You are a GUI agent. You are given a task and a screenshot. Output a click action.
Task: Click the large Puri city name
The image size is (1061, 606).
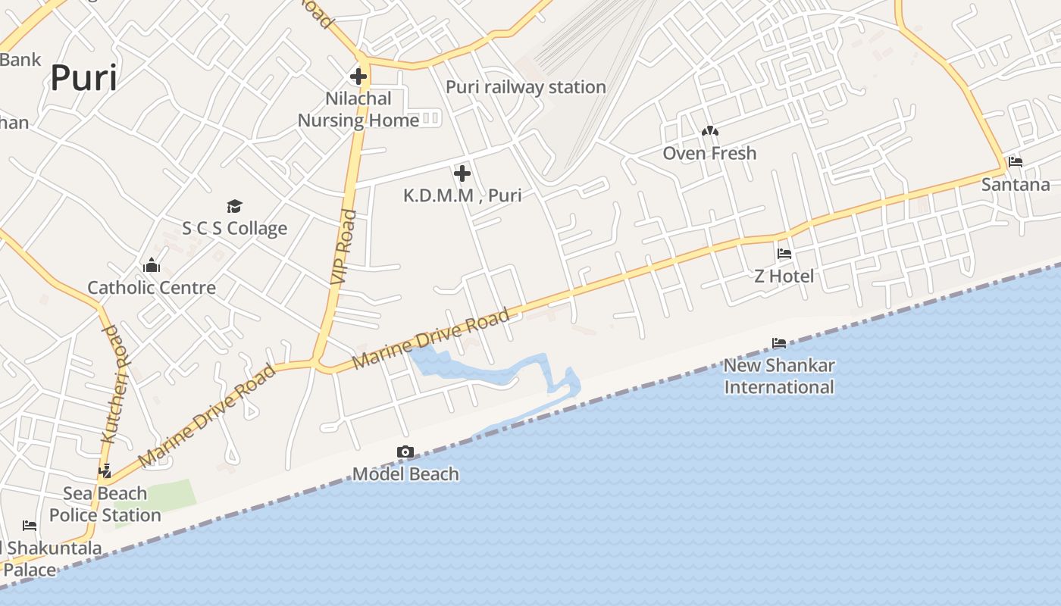[83, 78]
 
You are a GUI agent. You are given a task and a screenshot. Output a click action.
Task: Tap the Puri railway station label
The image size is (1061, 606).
[525, 87]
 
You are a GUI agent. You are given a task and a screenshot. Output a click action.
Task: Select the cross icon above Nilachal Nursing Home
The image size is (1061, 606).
[358, 76]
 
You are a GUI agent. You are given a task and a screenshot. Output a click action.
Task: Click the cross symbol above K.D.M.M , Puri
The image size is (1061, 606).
[462, 173]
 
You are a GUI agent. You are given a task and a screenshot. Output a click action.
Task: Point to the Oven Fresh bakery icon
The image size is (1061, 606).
[709, 131]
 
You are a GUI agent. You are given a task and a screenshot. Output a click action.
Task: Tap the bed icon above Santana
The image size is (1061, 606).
[1016, 162]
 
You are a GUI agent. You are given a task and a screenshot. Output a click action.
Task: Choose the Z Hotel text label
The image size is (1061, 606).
[784, 276]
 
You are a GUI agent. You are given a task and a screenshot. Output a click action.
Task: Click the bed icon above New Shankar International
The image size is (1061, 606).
[778, 343]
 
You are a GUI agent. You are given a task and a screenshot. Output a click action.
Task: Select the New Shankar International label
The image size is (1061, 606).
[778, 376]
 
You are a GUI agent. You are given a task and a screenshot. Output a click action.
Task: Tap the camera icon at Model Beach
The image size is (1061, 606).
[405, 452]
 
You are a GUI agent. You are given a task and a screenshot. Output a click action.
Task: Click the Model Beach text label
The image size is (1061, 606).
[405, 474]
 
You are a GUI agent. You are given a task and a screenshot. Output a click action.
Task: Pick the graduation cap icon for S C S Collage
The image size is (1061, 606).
[234, 206]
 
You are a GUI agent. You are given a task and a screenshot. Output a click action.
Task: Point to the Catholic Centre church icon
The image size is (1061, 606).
[152, 266]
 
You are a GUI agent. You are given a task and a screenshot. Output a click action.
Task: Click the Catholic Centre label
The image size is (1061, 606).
[152, 288]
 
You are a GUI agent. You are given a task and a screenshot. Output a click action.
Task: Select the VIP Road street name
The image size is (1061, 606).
[343, 247]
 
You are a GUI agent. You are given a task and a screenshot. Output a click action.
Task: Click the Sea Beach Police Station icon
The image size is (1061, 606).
[105, 471]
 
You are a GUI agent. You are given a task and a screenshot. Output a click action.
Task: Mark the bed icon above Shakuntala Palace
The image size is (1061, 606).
[30, 525]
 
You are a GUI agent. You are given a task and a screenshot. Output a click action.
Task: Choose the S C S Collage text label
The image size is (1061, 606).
[234, 229]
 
